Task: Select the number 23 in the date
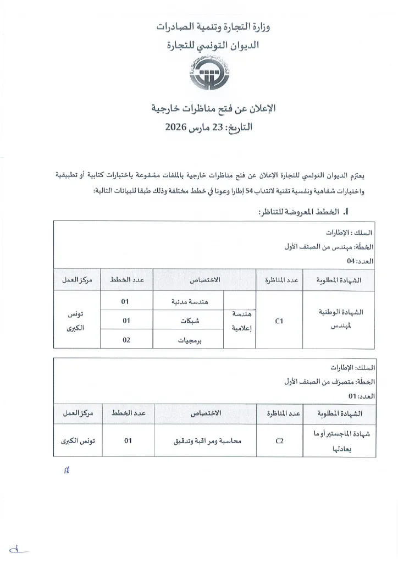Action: pyautogui.click(x=220, y=128)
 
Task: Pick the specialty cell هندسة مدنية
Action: pyautogui.click(x=189, y=302)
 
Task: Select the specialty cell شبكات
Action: pyautogui.click(x=189, y=320)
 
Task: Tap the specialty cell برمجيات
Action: pyautogui.click(x=189, y=340)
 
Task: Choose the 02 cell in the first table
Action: pyautogui.click(x=126, y=340)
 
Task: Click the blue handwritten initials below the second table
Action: pyautogui.click(x=68, y=470)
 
